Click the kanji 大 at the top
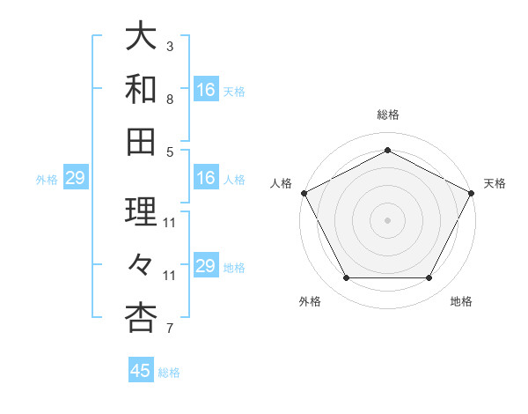(141, 38)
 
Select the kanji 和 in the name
(141, 88)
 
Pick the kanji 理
(141, 211)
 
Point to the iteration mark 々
(141, 263)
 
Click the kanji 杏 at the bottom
(141, 317)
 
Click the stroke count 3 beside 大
(170, 45)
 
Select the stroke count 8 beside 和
(170, 100)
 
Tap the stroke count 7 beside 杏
(170, 329)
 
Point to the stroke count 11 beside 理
(170, 222)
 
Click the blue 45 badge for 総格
(141, 371)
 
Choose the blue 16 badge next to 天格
(205, 90)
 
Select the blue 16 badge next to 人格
(205, 178)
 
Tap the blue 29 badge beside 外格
(75, 178)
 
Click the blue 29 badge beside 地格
(205, 266)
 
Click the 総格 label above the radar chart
(388, 115)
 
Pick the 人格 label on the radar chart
(281, 183)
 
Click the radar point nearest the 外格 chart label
(346, 278)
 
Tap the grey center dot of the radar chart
(388, 220)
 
